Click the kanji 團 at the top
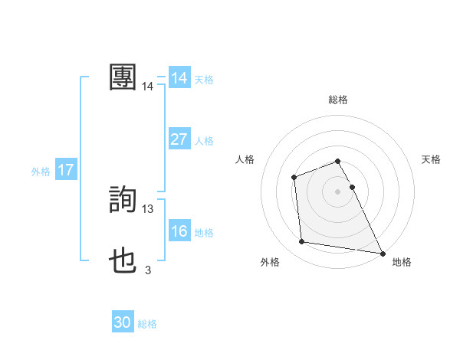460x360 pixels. point(123,77)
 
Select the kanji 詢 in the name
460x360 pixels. point(123,201)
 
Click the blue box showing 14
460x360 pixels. point(179,78)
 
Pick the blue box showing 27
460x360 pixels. point(179,139)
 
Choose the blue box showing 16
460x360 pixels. point(179,231)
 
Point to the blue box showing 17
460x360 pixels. point(66,170)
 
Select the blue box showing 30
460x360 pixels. point(123,322)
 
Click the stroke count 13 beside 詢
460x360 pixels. point(148,208)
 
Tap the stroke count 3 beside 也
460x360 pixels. point(148,270)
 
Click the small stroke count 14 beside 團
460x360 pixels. point(148,87)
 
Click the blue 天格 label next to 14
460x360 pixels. point(204,79)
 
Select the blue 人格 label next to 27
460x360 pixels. point(204,140)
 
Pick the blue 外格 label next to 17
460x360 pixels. point(41,171)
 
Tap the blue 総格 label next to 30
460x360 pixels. point(147,323)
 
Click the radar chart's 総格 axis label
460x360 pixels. point(337,100)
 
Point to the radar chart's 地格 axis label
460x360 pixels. point(402,262)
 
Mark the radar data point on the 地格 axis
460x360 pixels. point(382,253)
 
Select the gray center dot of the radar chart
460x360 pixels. point(337,191)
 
